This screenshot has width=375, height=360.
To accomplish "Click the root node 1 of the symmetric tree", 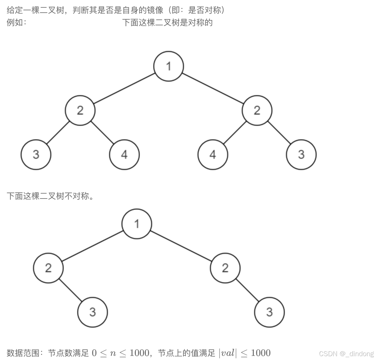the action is click(x=169, y=66).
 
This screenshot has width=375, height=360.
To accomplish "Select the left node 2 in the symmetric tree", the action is click(x=80, y=110).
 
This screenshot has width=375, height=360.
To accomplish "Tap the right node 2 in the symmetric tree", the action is click(x=257, y=110).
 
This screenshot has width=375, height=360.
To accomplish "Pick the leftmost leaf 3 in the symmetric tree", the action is click(x=36, y=155).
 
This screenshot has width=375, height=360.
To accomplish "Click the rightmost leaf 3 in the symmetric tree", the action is click(x=301, y=155).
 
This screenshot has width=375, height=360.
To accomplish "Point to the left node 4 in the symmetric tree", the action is click(x=124, y=155).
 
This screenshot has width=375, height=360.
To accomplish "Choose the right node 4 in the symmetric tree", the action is click(x=213, y=155).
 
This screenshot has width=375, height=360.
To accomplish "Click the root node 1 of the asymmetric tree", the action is click(x=137, y=224).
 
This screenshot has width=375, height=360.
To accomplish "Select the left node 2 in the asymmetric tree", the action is click(x=48, y=268).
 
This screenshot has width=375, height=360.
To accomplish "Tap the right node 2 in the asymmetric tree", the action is click(x=225, y=268).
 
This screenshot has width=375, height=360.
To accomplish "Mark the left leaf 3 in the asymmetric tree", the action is click(x=93, y=312).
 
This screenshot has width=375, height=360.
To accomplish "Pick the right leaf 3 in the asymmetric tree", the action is click(x=269, y=312).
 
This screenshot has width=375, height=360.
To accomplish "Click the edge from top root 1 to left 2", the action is click(x=124, y=88).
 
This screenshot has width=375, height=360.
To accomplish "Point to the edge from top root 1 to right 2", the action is click(x=213, y=88).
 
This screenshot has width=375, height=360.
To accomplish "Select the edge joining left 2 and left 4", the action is click(x=102, y=133).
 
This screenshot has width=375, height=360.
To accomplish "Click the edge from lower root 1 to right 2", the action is click(x=181, y=246).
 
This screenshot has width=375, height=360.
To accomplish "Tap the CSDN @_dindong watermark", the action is click(x=346, y=354).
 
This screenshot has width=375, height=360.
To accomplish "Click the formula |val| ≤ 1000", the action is click(x=244, y=353).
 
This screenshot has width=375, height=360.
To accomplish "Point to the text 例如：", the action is click(x=17, y=22).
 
